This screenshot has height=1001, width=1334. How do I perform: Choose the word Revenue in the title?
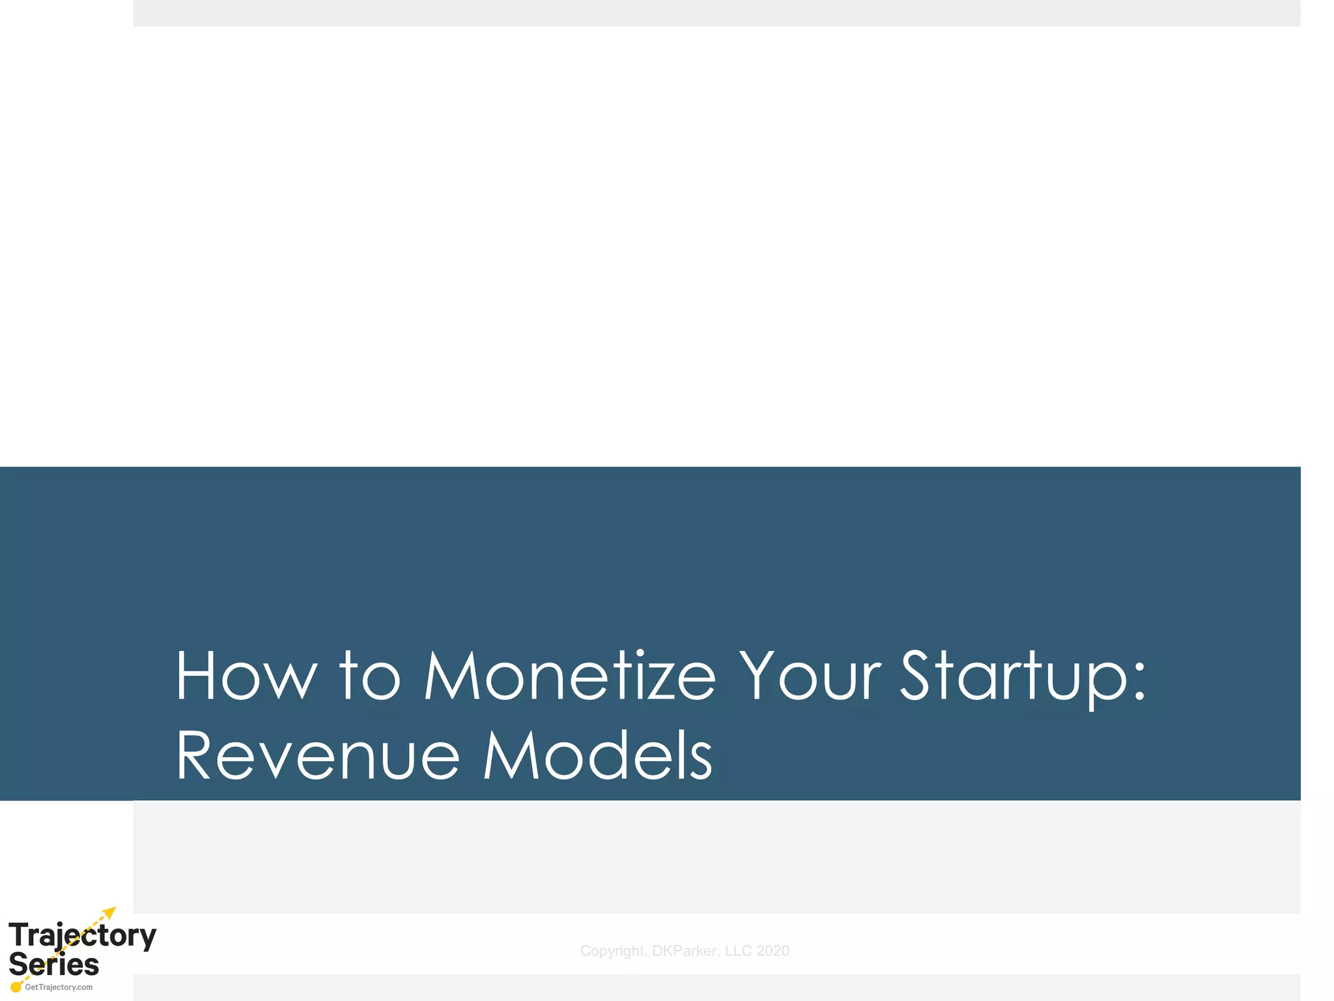(x=318, y=756)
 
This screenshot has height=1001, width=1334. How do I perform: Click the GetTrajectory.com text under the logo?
(x=59, y=987)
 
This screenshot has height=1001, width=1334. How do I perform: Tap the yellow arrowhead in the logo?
(x=110, y=912)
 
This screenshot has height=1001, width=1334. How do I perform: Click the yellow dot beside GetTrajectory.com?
(x=16, y=987)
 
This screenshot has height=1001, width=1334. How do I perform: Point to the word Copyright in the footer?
(x=612, y=951)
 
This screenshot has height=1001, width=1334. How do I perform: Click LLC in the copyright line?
(x=739, y=951)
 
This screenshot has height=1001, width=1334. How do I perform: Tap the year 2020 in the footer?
(x=773, y=951)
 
